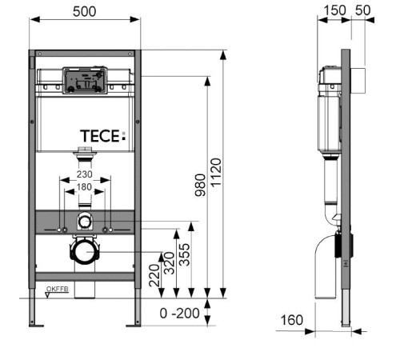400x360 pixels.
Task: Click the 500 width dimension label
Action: pyautogui.click(x=85, y=11)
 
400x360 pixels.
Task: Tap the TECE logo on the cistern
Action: pyautogui.click(x=102, y=136)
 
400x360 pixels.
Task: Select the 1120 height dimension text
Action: pyautogui.click(x=216, y=173)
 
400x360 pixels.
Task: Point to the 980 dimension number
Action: pyautogui.click(x=200, y=185)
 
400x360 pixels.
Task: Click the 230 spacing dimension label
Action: pyautogui.click(x=85, y=174)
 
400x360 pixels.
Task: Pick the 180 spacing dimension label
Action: pyautogui.click(x=85, y=187)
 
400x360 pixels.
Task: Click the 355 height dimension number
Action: pyautogui.click(x=185, y=254)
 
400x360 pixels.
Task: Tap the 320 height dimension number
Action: pyautogui.click(x=169, y=263)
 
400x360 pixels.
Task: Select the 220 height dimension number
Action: pyautogui.click(x=154, y=275)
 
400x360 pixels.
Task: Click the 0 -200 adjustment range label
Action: pyautogui.click(x=179, y=314)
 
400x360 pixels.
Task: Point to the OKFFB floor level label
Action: pyautogui.click(x=58, y=289)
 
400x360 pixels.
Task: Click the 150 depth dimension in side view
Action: pyautogui.click(x=334, y=10)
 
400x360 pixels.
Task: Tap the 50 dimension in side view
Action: pyautogui.click(x=363, y=10)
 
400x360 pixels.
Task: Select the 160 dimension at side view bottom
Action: pyautogui.click(x=292, y=320)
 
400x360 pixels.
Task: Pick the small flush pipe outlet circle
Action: pyautogui.click(x=85, y=222)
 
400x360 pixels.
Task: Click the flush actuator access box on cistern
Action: pyautogui.click(x=85, y=81)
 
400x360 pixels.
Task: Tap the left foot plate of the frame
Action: pyautogui.click(x=36, y=326)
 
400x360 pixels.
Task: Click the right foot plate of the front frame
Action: pyautogui.click(x=134, y=326)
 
